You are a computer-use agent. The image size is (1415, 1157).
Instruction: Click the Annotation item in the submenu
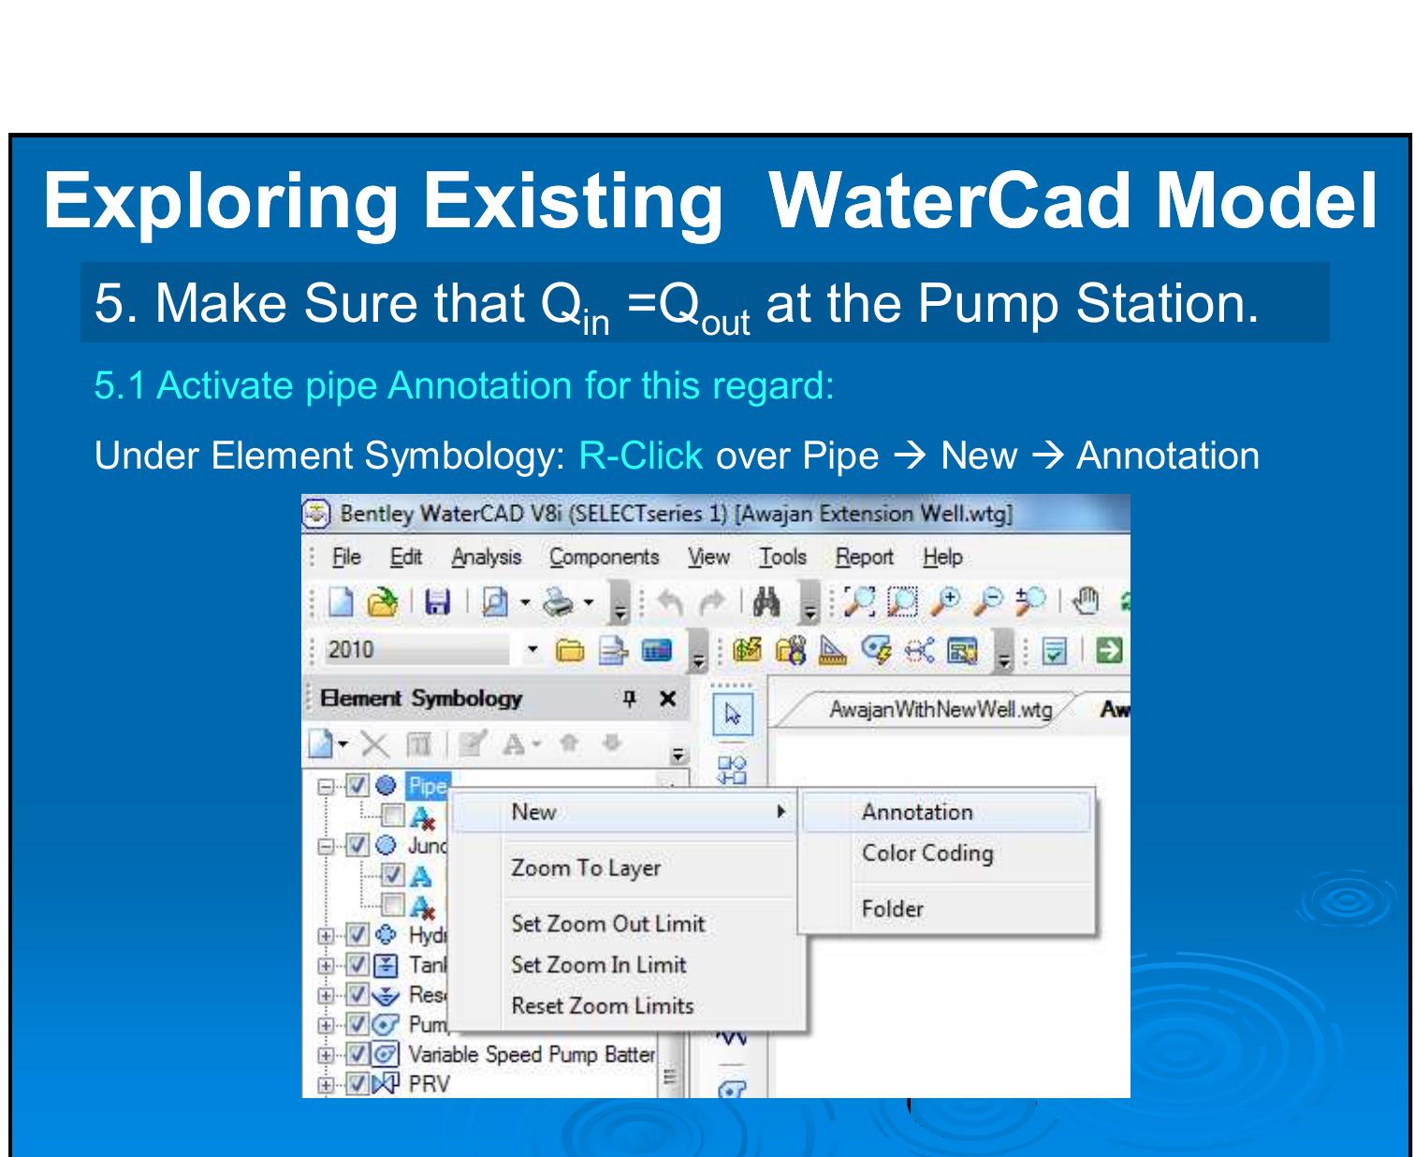[x=916, y=812]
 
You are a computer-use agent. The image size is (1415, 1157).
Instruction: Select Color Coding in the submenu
[x=926, y=853]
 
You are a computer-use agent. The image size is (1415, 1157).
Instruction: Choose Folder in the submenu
[x=892, y=908]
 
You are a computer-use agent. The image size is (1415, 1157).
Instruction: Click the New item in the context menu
[x=533, y=812]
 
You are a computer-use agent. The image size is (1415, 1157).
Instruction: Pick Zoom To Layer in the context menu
[x=585, y=868]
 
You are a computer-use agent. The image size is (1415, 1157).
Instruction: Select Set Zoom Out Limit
[x=607, y=923]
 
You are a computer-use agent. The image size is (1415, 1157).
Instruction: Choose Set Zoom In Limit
[x=598, y=964]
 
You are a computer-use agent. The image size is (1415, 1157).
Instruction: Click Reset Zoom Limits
[x=602, y=1005]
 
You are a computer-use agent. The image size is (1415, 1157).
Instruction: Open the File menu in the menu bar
[x=345, y=557]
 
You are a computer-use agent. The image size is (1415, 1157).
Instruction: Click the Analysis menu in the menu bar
[x=486, y=557]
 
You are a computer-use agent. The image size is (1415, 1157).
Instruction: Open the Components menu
[x=604, y=557]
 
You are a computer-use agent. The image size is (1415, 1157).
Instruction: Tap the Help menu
[x=941, y=557]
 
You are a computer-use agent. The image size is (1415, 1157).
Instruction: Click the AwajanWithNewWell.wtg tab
[x=940, y=710]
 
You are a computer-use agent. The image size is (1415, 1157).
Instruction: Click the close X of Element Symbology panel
[x=667, y=699]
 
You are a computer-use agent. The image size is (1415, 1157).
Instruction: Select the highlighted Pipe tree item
[x=428, y=785]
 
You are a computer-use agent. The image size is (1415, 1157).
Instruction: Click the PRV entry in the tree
[x=429, y=1084]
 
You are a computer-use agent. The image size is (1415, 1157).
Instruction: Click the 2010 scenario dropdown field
[x=416, y=650]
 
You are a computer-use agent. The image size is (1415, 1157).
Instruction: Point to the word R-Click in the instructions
[x=641, y=456]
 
